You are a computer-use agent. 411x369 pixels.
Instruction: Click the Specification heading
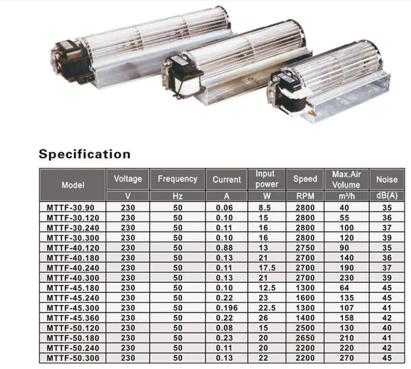coord(84,154)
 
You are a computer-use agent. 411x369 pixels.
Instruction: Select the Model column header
coord(73,185)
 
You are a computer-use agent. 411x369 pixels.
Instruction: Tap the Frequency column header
coord(177,179)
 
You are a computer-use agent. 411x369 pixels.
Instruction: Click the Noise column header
coord(387,179)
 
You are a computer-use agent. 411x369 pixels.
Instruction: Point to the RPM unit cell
coord(305,196)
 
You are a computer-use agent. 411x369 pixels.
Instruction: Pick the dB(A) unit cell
coord(387,196)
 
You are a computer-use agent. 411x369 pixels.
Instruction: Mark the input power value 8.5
coord(267,207)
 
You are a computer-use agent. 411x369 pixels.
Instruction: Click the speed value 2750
coord(305,247)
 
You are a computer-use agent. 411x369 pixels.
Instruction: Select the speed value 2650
coord(305,338)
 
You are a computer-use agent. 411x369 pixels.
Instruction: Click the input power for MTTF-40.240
coord(267,267)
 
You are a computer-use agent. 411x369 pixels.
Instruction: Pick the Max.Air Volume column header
coord(346,179)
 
